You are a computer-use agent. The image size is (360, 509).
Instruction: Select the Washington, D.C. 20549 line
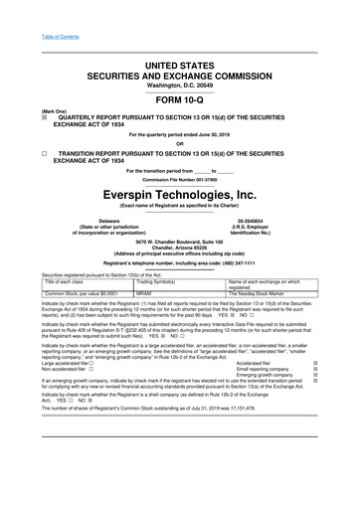180,85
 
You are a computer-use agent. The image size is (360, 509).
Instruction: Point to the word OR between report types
180,143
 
